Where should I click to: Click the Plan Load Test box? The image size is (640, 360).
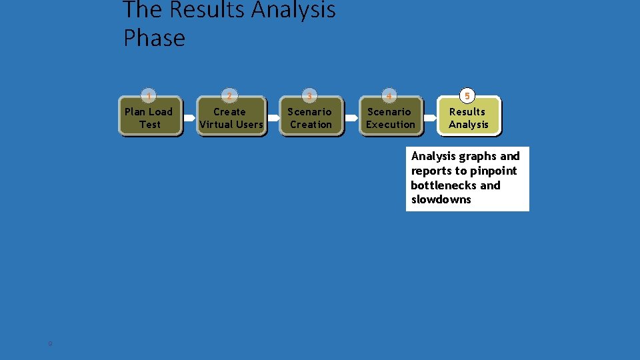tap(149, 118)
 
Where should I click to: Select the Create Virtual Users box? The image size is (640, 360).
tap(231, 118)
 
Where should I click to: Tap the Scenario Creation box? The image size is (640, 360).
tap(310, 118)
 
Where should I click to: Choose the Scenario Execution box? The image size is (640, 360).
tap(390, 118)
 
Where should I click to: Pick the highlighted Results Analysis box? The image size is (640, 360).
tap(468, 118)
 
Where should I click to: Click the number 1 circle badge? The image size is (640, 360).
tap(149, 96)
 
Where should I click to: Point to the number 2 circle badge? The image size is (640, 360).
tap(229, 96)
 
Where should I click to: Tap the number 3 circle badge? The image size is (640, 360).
tap(309, 96)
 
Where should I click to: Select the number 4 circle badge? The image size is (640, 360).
tap(389, 96)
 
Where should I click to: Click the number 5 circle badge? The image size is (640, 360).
tap(468, 96)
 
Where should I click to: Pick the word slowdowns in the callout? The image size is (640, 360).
tap(441, 199)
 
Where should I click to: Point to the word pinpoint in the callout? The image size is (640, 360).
tap(493, 171)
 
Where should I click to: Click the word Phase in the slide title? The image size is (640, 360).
tap(154, 37)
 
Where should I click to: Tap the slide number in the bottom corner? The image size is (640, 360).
tap(49, 343)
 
